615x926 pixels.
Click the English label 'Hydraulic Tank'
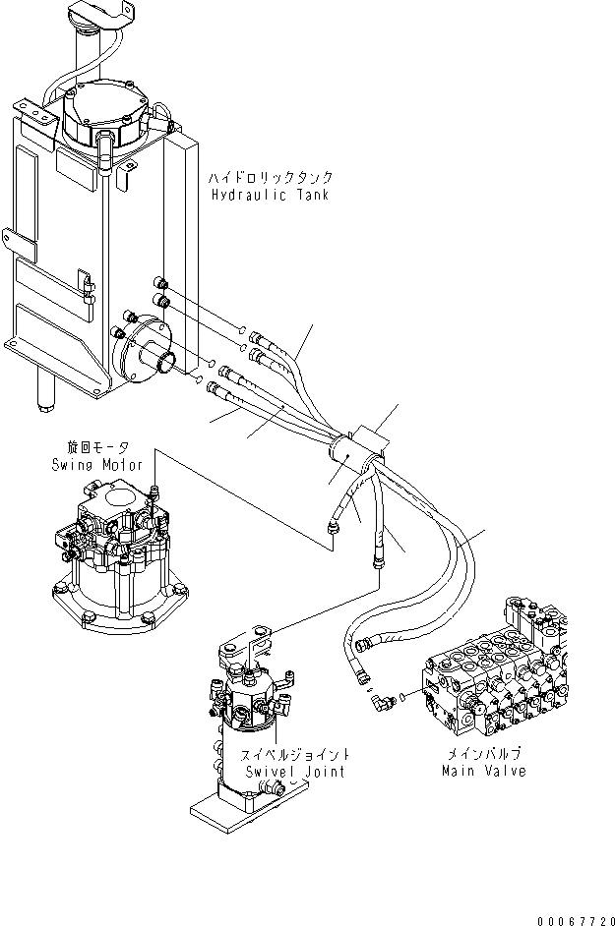tap(269, 195)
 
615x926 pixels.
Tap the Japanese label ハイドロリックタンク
tap(270, 178)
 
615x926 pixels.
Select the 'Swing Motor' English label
tap(97, 465)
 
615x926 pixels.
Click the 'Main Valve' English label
tap(483, 771)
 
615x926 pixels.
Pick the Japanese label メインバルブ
tap(482, 754)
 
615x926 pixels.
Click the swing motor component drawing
tap(113, 555)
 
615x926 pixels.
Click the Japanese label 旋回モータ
tap(97, 448)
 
